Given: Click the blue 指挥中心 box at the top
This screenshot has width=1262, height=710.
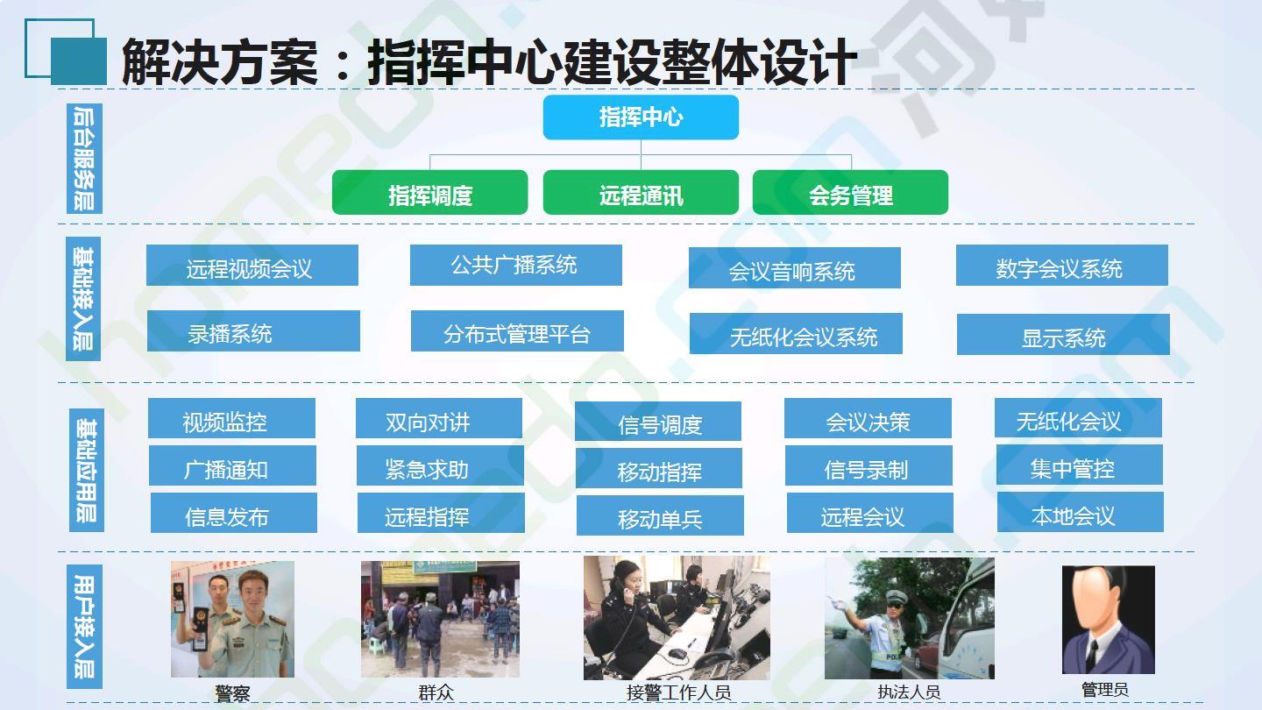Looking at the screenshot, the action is click(641, 117).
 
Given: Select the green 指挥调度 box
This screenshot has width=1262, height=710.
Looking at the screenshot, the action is click(429, 192).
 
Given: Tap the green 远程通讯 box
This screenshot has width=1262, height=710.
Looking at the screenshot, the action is click(641, 192).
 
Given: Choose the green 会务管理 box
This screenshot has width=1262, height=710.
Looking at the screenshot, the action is click(851, 192).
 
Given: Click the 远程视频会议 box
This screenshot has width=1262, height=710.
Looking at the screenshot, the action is click(252, 265).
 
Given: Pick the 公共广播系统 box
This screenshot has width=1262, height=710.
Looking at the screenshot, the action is click(516, 265).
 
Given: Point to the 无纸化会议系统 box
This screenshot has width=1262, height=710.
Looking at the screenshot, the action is click(796, 334).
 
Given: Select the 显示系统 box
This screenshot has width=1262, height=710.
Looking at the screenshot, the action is click(1063, 335).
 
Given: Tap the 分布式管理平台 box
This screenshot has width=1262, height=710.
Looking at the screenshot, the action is click(517, 330).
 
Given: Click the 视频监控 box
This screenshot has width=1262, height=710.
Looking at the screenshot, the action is click(231, 418).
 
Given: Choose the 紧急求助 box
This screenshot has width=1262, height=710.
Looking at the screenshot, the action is click(440, 465).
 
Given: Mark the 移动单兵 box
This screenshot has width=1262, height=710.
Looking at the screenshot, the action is click(660, 515).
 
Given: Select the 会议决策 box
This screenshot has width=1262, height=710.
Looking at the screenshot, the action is click(869, 418).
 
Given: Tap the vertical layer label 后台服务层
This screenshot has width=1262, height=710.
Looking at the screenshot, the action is click(84, 159).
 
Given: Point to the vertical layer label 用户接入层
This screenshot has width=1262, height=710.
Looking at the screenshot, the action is click(84, 627).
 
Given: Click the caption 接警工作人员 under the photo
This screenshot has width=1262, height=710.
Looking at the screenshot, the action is click(678, 692).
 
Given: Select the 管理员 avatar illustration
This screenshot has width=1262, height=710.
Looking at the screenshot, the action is click(1108, 620).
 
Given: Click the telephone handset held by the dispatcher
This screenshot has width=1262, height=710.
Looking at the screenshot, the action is click(620, 592).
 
